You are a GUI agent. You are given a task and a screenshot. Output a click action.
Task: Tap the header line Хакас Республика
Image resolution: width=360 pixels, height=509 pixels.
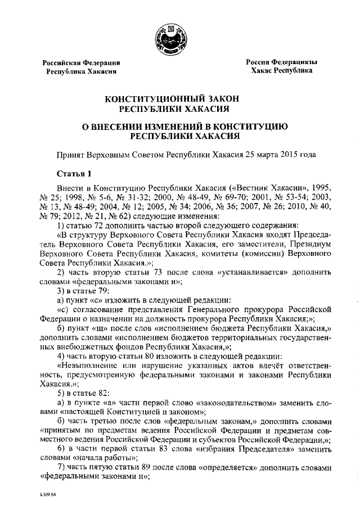click(x=282, y=72)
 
